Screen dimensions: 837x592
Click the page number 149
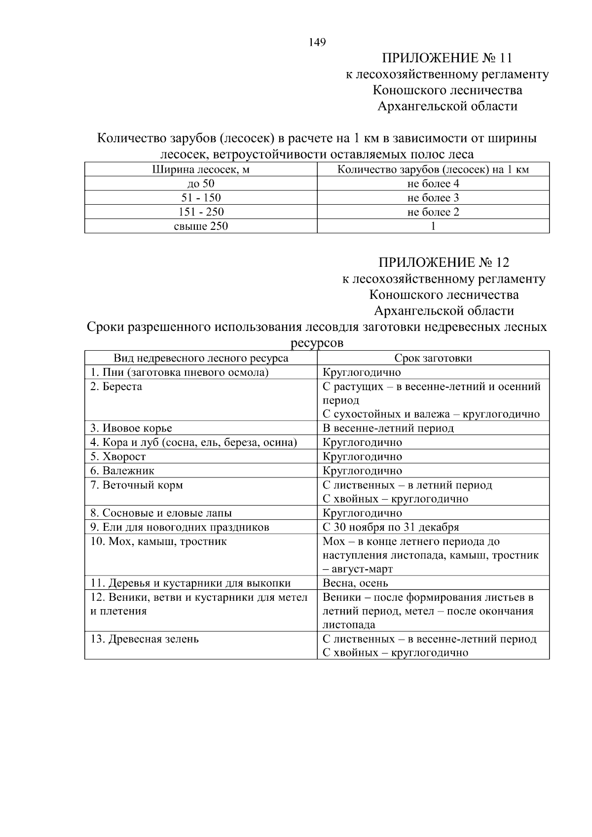click(x=317, y=42)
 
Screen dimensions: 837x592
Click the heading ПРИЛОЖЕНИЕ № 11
click(x=447, y=58)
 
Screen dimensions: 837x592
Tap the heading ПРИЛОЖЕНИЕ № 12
click(x=444, y=262)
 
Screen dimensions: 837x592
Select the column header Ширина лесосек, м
click(x=201, y=170)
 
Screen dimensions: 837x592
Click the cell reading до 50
click(x=201, y=184)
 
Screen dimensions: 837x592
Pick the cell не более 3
click(x=433, y=198)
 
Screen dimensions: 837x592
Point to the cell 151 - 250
click(x=201, y=212)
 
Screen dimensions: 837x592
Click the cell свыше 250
click(x=201, y=226)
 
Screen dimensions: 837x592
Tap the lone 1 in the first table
click(x=433, y=226)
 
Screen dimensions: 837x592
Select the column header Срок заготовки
click(x=433, y=358)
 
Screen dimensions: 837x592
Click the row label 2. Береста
click(x=116, y=387)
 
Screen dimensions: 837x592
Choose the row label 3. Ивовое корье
click(x=131, y=428)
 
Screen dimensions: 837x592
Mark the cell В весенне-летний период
click(x=388, y=428)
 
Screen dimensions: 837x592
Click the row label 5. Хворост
click(x=118, y=457)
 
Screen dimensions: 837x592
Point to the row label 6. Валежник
click(x=122, y=471)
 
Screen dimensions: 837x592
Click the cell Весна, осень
click(x=355, y=583)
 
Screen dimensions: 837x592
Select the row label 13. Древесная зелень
click(x=144, y=639)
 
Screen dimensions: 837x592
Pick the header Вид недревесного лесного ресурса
click(x=201, y=358)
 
